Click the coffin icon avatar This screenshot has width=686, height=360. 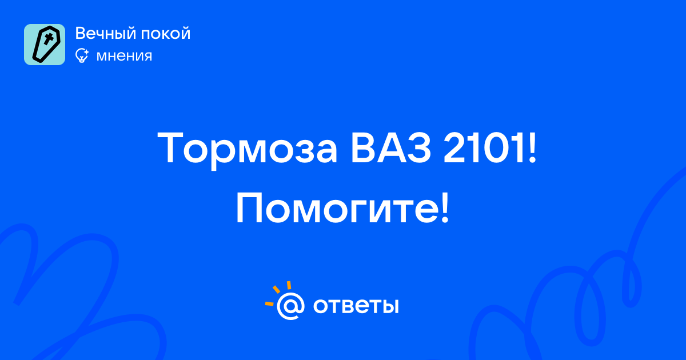click(x=45, y=45)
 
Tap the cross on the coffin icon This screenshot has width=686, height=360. click(x=48, y=39)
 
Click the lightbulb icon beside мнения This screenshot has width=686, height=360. click(x=82, y=55)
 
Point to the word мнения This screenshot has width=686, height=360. click(x=124, y=56)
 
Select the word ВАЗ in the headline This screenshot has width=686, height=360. click(x=391, y=148)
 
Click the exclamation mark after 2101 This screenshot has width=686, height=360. click(x=532, y=148)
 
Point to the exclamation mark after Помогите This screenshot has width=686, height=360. click(x=445, y=208)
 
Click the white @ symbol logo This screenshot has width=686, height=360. click(x=290, y=306)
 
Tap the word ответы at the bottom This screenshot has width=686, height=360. click(x=356, y=306)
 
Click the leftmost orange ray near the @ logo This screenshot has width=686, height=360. click(x=269, y=303)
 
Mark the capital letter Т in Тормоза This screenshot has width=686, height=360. click(x=170, y=148)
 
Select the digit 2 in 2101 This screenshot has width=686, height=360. click(x=454, y=148)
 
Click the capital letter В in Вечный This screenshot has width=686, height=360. click(x=81, y=33)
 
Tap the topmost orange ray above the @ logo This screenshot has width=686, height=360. click(x=289, y=285)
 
